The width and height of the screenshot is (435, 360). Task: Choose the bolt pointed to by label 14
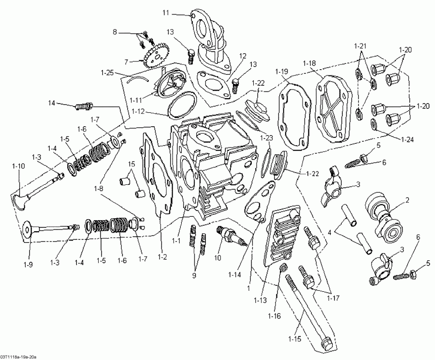85,105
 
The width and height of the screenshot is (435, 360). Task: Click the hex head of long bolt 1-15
326,344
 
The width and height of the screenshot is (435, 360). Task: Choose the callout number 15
131,165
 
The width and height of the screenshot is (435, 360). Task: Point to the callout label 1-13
260,300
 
